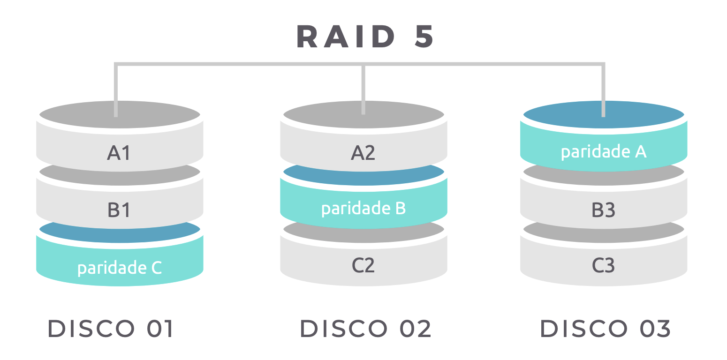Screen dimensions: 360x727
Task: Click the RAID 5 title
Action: pyautogui.click(x=365, y=37)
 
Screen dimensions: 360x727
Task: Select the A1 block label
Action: pyautogui.click(x=119, y=153)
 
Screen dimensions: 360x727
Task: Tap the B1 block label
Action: pyautogui.click(x=119, y=210)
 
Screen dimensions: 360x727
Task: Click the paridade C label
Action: pyautogui.click(x=120, y=268)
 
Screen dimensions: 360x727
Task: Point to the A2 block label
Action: pyautogui.click(x=363, y=153)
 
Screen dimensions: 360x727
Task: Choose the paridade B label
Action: pyautogui.click(x=363, y=209)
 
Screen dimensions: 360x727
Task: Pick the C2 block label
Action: pyautogui.click(x=363, y=266)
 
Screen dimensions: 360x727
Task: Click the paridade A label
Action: pyautogui.click(x=604, y=152)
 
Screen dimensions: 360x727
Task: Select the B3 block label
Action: pyautogui.click(x=604, y=210)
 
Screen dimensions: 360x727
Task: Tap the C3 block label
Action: pyautogui.click(x=604, y=266)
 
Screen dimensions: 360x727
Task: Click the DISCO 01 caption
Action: pyautogui.click(x=111, y=329)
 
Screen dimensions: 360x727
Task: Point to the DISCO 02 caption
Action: pyautogui.click(x=365, y=329)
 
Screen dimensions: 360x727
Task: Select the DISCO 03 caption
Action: pyautogui.click(x=606, y=329)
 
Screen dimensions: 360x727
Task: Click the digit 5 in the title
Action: pyautogui.click(x=423, y=37)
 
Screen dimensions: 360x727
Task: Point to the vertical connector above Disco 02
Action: pyautogui.click(x=363, y=89)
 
